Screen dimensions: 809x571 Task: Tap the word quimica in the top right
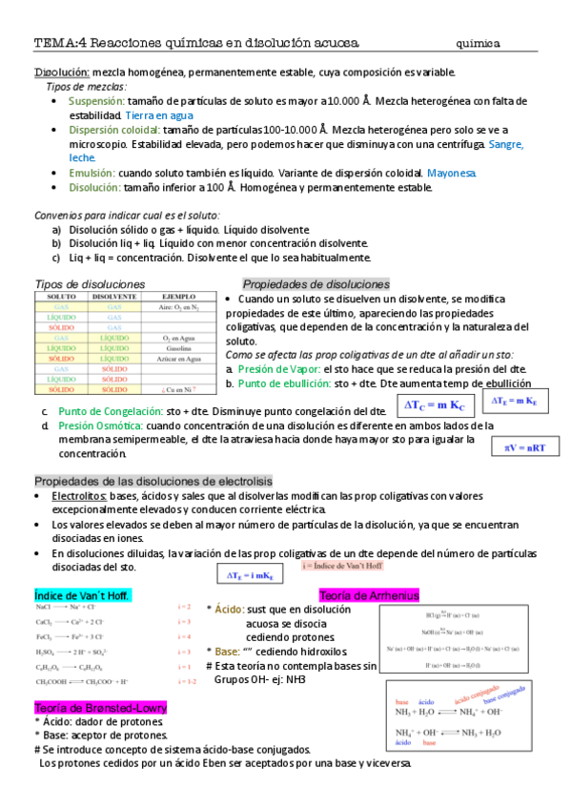click(x=481, y=43)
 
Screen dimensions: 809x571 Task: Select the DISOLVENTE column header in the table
click(x=113, y=298)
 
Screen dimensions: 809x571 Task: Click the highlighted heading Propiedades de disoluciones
click(x=316, y=284)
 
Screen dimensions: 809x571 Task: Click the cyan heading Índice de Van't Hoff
click(x=82, y=595)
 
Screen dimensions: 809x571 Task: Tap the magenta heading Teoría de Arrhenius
click(x=368, y=595)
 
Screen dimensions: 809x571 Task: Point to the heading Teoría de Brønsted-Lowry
click(x=100, y=708)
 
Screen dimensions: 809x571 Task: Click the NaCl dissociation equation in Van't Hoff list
click(x=78, y=607)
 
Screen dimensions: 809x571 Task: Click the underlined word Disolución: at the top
click(x=62, y=73)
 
